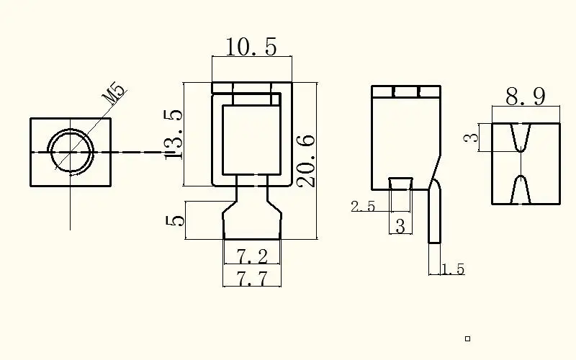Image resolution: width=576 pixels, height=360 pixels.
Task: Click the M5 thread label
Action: coord(114,95)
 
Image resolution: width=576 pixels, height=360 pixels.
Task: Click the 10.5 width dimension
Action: coord(251,48)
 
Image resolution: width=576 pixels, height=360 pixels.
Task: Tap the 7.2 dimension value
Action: coord(251,256)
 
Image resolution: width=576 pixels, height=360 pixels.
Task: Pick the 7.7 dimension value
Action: coord(251,279)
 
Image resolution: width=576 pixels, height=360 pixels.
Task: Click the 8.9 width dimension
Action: coord(525,96)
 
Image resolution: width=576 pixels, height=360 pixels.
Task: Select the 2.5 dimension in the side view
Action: coord(363,207)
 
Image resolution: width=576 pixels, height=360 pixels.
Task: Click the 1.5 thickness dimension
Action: coord(453,270)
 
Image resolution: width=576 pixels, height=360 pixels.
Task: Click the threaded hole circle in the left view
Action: coord(71,153)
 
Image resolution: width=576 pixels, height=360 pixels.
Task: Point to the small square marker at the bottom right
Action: coord(467,338)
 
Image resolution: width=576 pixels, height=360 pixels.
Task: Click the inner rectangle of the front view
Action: coord(251,140)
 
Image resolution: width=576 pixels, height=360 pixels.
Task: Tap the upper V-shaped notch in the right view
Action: coord(523,137)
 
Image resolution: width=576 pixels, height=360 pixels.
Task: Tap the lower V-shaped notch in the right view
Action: coord(523,189)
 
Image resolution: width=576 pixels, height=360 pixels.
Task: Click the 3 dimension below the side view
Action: coord(400,226)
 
